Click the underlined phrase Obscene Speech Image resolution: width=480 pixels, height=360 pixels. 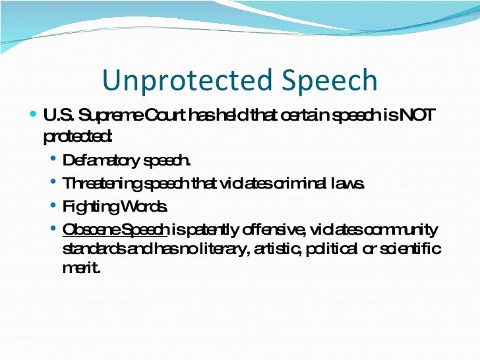click(x=116, y=229)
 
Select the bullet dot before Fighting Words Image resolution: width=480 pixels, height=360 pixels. click(x=54, y=206)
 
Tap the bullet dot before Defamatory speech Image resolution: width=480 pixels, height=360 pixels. click(x=54, y=160)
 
